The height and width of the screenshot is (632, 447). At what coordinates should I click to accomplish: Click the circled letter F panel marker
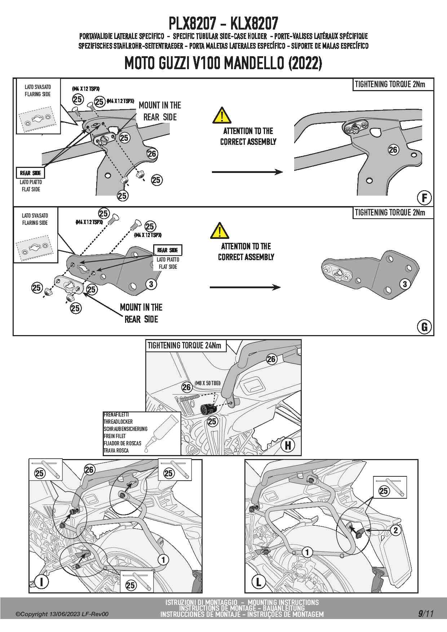click(424, 198)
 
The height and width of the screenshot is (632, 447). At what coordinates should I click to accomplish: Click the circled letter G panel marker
click(424, 327)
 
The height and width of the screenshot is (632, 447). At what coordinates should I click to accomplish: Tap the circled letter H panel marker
click(288, 445)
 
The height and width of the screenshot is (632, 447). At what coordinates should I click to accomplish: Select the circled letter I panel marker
click(41, 582)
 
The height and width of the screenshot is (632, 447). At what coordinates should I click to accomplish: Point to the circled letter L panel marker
click(258, 582)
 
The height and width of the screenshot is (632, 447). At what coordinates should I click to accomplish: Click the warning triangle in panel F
click(222, 116)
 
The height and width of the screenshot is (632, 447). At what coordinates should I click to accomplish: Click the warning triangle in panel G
click(220, 231)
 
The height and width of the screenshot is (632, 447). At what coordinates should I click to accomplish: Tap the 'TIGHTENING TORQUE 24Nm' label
click(184, 346)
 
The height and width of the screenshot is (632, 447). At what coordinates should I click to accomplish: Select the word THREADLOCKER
click(118, 422)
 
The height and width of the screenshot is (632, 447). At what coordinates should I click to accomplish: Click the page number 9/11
click(426, 614)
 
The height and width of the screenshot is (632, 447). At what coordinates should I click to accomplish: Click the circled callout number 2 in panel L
click(395, 530)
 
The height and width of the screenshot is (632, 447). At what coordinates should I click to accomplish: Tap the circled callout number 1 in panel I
click(163, 560)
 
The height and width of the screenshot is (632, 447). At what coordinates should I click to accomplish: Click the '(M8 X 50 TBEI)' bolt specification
click(207, 383)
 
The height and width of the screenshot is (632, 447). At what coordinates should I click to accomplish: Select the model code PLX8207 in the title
click(192, 24)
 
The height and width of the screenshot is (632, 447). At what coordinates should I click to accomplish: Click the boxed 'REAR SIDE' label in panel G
click(168, 250)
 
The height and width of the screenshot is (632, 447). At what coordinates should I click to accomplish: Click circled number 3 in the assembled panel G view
click(405, 284)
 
